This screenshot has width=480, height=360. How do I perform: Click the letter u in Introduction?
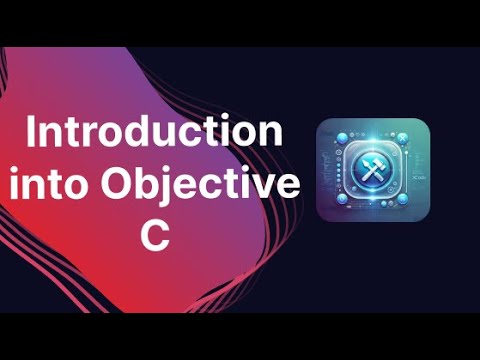point(183,138)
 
